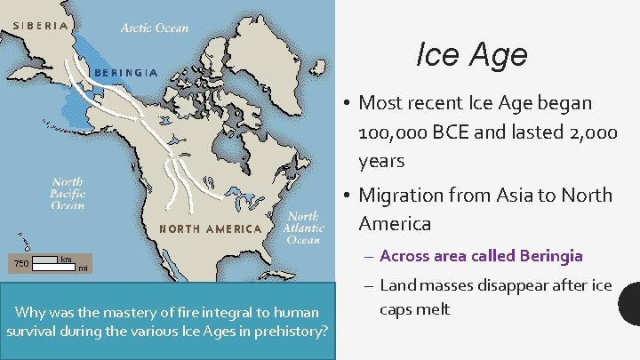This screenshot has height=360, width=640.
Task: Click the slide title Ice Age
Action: [x=471, y=56]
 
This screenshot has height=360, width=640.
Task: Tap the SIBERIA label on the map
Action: [x=38, y=26]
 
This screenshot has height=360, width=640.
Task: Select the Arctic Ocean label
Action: [x=155, y=28]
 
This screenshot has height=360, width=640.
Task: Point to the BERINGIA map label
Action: [x=125, y=72]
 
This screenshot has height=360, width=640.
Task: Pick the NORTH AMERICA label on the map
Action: [x=210, y=228]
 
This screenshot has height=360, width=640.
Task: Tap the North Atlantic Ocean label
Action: [x=304, y=228]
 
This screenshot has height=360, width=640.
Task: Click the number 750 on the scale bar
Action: [x=20, y=263]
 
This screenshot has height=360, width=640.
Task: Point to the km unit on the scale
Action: [x=66, y=259]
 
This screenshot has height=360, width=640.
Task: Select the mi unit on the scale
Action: [x=82, y=268]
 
